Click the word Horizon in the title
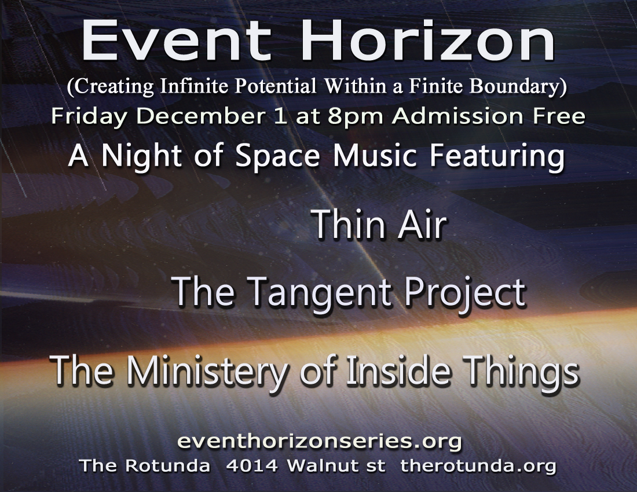pos(428,40)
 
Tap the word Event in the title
pos(176,40)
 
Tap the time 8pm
pos(355,117)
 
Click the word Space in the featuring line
pos(277,156)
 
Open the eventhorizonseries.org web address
pos(320,441)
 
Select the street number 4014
pos(251,465)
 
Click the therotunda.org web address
pos(478,466)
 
